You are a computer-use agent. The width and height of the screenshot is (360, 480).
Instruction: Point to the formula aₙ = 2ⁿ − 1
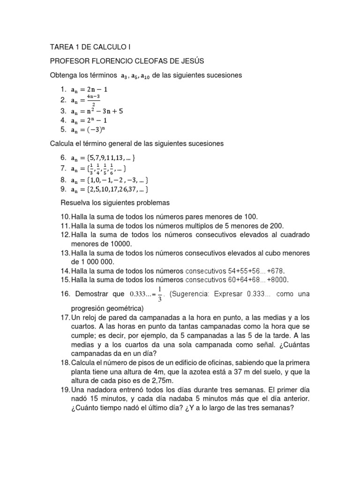pyautogui.click(x=88, y=120)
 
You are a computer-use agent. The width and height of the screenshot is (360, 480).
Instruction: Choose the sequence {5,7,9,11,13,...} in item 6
pyautogui.click(x=109, y=158)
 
